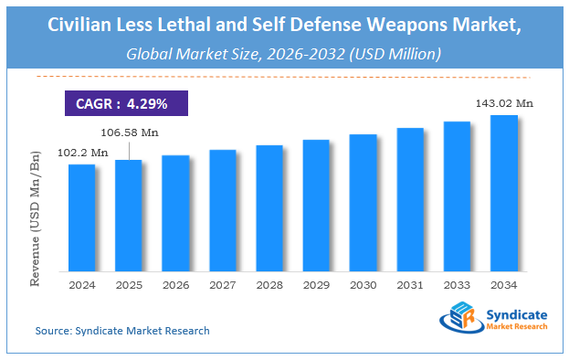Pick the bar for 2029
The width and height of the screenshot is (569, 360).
click(x=316, y=206)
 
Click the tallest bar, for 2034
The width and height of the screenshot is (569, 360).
click(x=504, y=193)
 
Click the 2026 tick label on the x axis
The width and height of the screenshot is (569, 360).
click(x=175, y=284)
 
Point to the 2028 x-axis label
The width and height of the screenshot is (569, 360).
click(x=269, y=284)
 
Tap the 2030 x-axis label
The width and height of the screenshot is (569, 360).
click(x=364, y=284)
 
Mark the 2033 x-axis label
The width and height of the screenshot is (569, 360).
click(x=457, y=284)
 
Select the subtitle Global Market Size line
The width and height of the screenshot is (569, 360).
click(x=284, y=54)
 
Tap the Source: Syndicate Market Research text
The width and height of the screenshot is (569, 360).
click(x=122, y=330)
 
